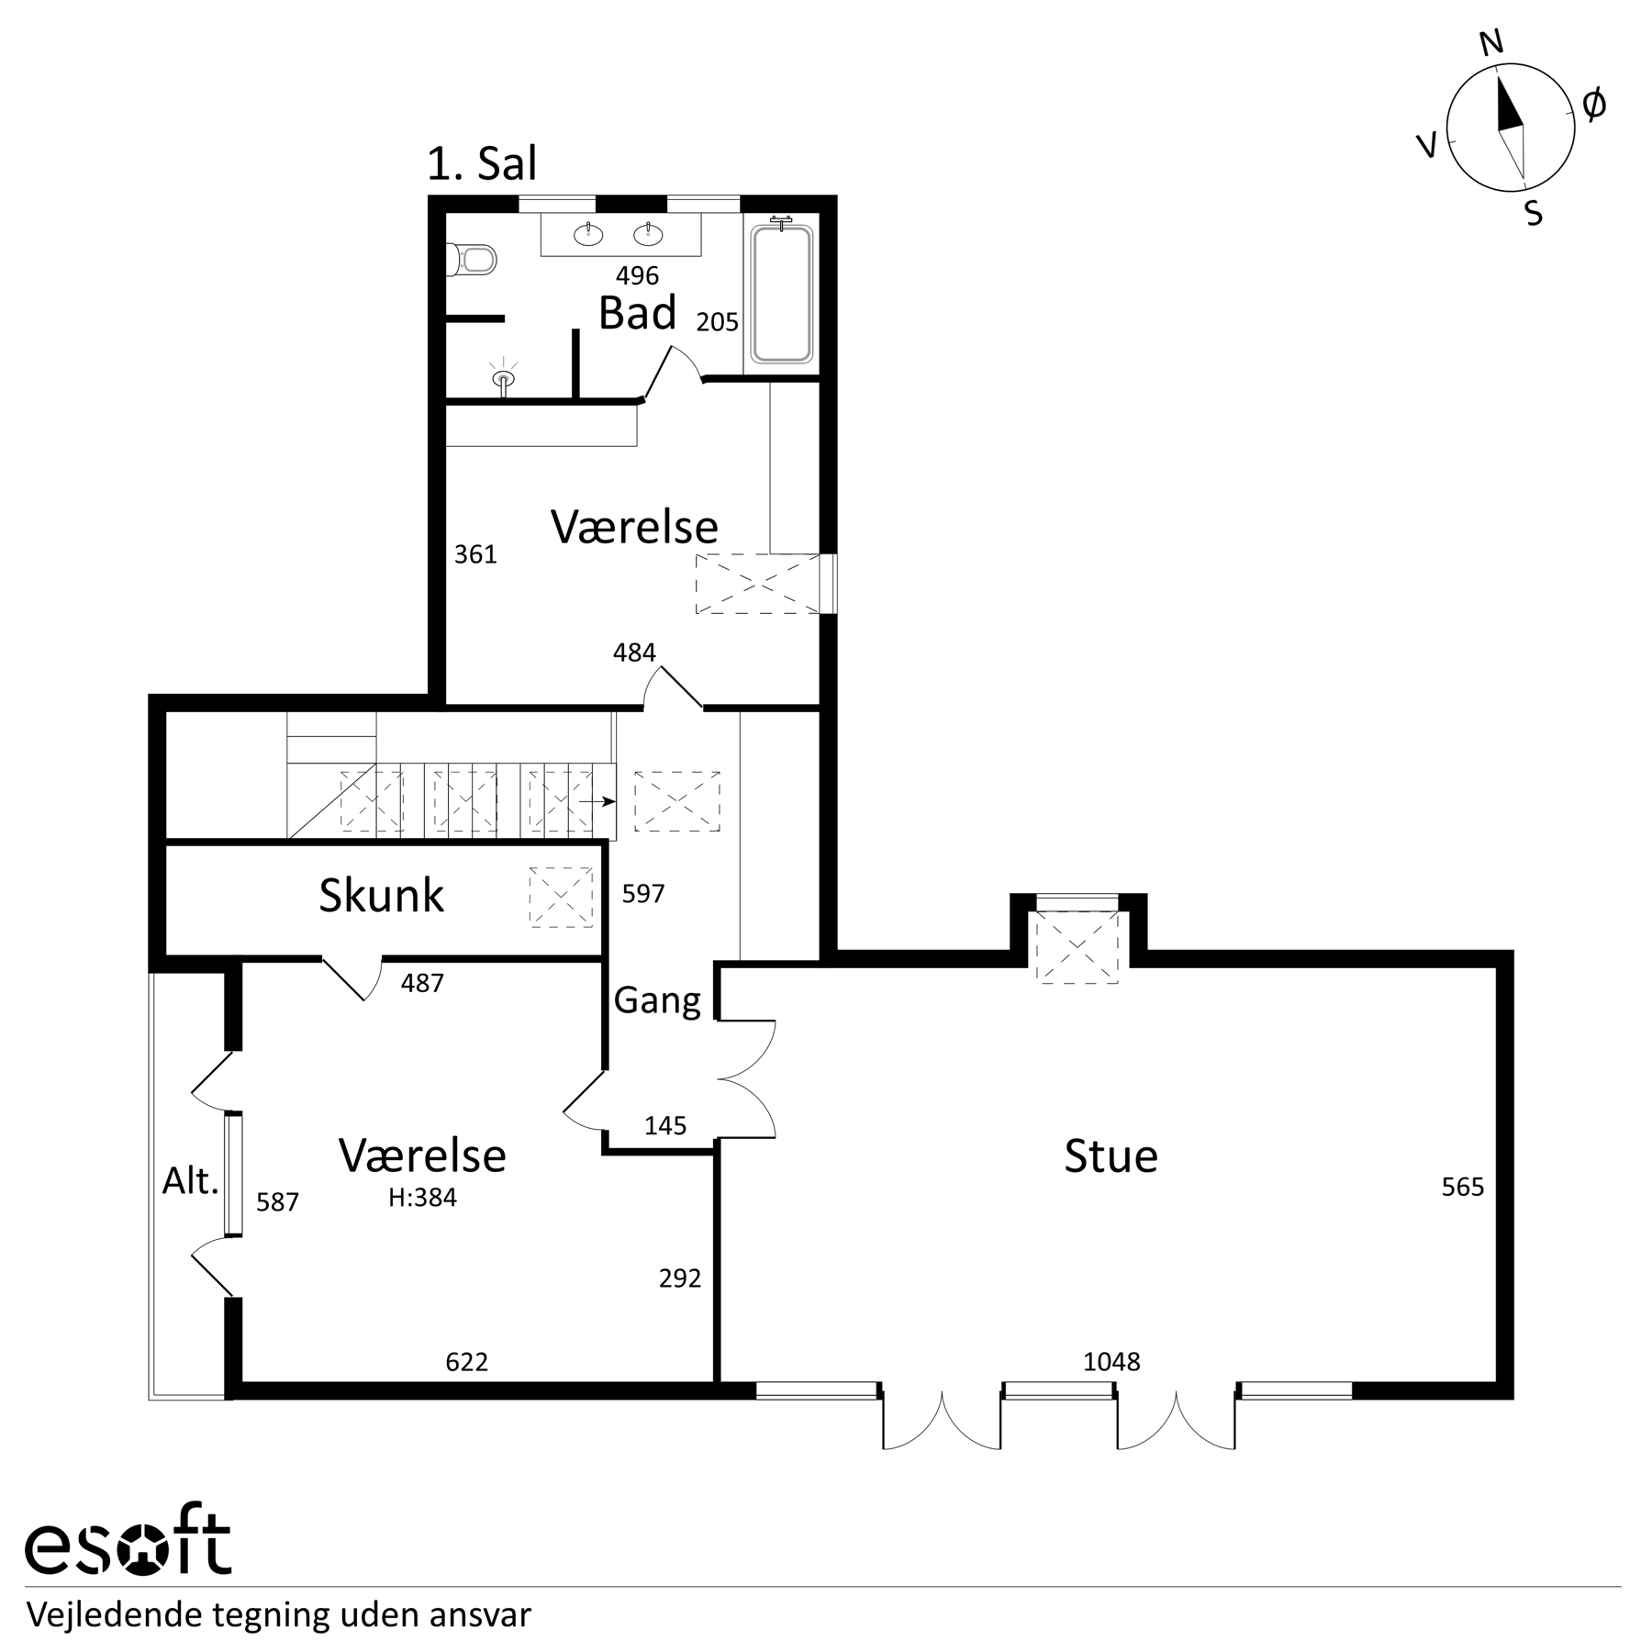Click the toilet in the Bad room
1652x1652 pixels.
[x=472, y=259]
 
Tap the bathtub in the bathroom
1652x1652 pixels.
[x=781, y=293]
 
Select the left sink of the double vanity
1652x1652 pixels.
[x=588, y=235]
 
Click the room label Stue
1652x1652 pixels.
[x=1111, y=1156]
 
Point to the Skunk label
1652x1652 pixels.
[x=381, y=896]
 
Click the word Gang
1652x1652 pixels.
[x=657, y=1000]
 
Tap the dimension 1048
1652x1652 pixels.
[x=1111, y=1361]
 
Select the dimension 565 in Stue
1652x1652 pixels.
[x=1463, y=1188]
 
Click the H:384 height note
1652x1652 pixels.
[x=422, y=1198]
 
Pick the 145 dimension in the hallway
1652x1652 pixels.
[x=665, y=1126]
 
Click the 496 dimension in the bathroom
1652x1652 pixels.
[x=638, y=275]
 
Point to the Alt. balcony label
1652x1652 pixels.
[x=191, y=1181]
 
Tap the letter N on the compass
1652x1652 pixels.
[x=1492, y=42]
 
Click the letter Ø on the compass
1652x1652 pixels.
[x=1595, y=106]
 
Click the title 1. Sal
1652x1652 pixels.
[x=482, y=164]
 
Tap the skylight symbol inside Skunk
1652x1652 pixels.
[x=561, y=897]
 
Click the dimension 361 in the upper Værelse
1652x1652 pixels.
[x=475, y=554]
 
